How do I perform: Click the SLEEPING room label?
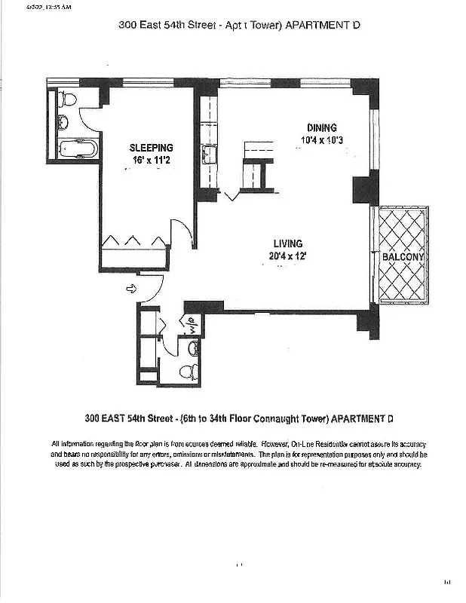tap(151, 148)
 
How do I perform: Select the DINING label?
tap(321, 127)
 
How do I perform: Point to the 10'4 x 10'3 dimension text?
tap(321, 139)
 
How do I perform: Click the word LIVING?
tap(288, 243)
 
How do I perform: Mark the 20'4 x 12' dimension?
tap(288, 256)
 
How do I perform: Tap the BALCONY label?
tap(403, 257)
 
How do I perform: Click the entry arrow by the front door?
tap(130, 288)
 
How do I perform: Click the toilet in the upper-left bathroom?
tap(67, 98)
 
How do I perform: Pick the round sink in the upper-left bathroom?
tap(63, 121)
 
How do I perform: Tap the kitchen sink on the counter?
tap(208, 156)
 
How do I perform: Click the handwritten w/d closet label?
tap(192, 326)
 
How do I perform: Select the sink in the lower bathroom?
tap(193, 348)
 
